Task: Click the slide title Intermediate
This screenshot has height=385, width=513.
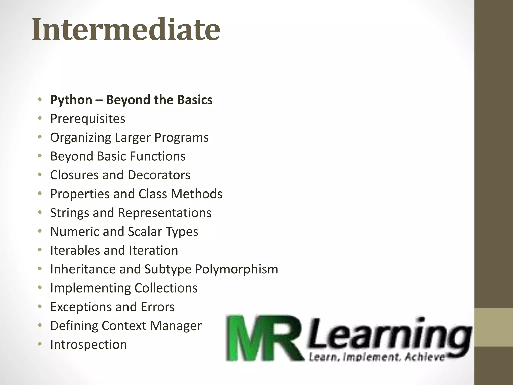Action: tap(126, 30)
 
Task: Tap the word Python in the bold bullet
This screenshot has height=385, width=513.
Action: tap(71, 100)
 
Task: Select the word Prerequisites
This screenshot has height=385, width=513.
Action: tap(88, 119)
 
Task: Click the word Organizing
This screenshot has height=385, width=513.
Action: tap(80, 138)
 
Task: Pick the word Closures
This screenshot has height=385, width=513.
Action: tap(74, 175)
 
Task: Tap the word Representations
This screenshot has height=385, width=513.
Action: tap(165, 213)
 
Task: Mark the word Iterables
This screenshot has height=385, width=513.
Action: tap(75, 250)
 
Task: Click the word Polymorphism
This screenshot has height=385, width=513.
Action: tap(236, 269)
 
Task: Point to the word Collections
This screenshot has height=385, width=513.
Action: tap(166, 288)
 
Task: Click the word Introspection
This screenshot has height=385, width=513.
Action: tap(88, 344)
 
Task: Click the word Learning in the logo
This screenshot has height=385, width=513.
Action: tap(388, 335)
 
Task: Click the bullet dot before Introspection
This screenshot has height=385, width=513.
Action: tap(40, 344)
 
